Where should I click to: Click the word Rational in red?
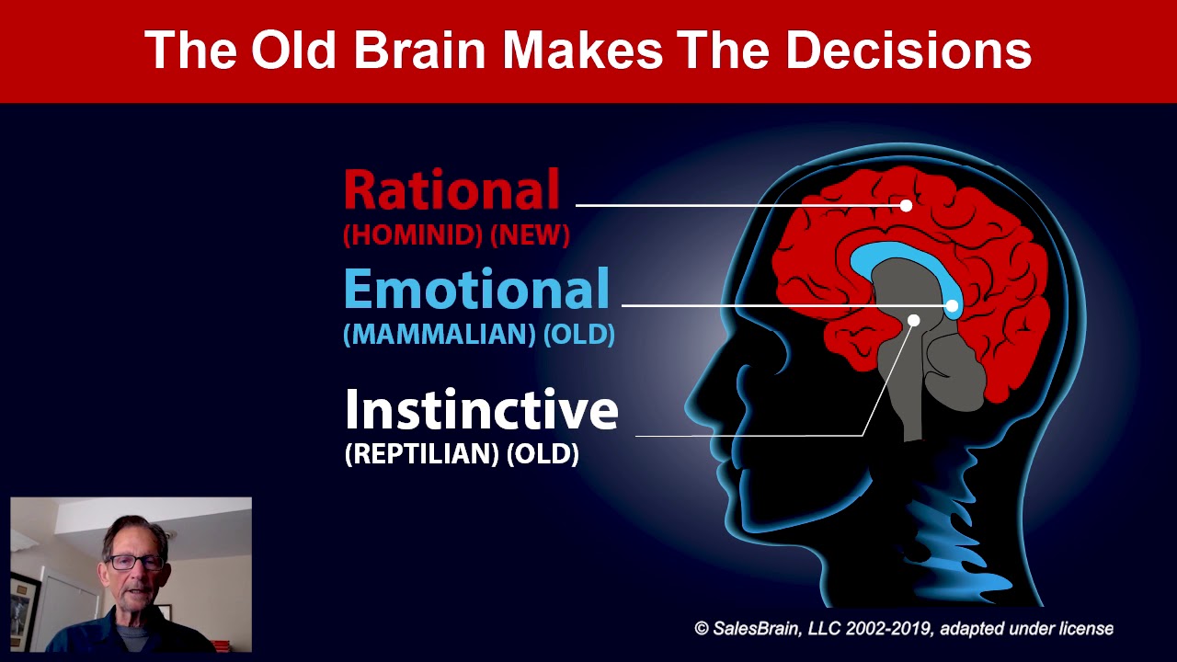point(451,190)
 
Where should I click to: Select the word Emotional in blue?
point(476,289)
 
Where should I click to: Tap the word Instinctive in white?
point(481,410)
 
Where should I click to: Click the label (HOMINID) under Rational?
point(412,235)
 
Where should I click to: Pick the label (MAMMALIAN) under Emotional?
point(439,334)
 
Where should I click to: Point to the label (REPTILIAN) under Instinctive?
point(421,453)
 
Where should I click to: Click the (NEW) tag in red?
point(530,235)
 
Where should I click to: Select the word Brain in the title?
point(429,51)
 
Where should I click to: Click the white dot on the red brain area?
point(906,205)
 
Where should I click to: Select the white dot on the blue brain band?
point(952,305)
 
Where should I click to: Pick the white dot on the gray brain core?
point(913,320)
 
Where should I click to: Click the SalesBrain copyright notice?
point(903,629)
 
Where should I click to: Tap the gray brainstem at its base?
point(912,428)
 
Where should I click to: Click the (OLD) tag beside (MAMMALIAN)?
point(578,334)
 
